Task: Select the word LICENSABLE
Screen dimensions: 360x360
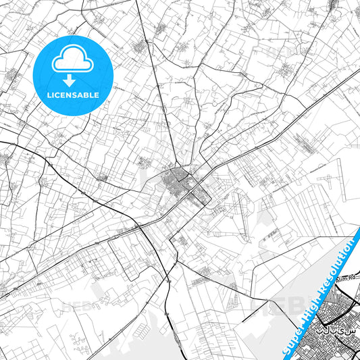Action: [x=72, y=95]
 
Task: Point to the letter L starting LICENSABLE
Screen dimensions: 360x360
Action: [x=47, y=95]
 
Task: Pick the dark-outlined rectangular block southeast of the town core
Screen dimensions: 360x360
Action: [x=199, y=197]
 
